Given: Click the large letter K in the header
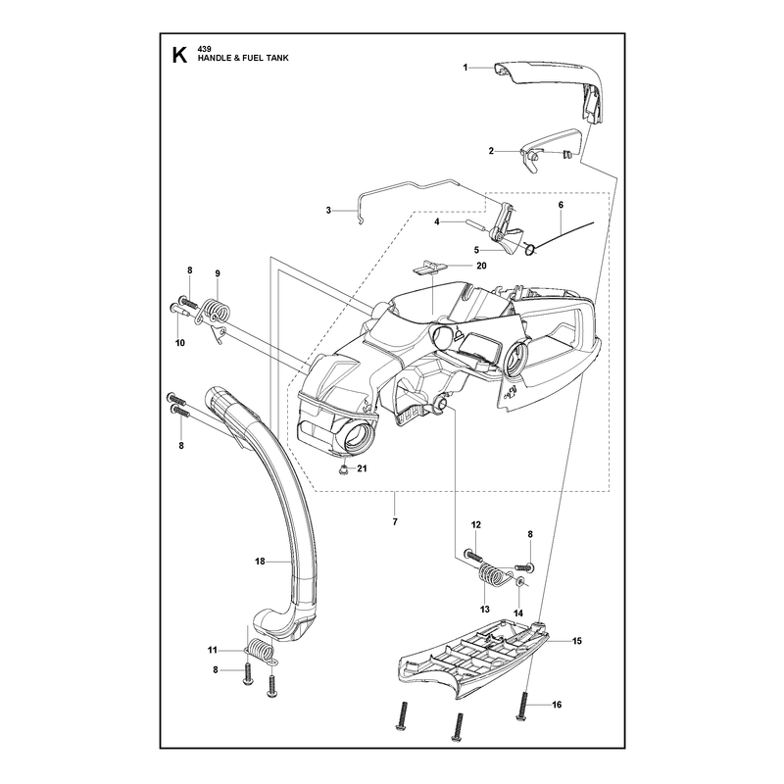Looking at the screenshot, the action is click(x=179, y=56).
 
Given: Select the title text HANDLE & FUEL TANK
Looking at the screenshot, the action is click(x=243, y=58).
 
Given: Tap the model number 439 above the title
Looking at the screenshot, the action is click(x=204, y=48).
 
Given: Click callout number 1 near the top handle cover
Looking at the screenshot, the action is click(x=465, y=68).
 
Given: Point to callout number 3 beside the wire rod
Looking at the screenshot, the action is click(x=328, y=211).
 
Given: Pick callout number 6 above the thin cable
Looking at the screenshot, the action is click(x=561, y=205).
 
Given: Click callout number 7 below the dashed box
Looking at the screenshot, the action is click(x=395, y=521).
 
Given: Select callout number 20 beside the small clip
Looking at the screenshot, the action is click(x=481, y=266).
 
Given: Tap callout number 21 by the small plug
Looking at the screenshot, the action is click(x=362, y=468).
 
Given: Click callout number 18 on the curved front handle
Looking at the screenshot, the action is click(x=260, y=562).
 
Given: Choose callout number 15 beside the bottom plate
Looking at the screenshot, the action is click(x=577, y=641).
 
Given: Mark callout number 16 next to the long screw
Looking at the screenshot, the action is click(x=557, y=705).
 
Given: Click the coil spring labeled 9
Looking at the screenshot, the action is click(x=216, y=312).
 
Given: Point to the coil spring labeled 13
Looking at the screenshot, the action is click(x=492, y=574).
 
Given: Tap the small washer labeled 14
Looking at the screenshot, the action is click(x=519, y=580).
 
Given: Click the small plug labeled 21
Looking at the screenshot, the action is click(x=343, y=469).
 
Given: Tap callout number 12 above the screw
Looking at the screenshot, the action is click(x=476, y=524).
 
